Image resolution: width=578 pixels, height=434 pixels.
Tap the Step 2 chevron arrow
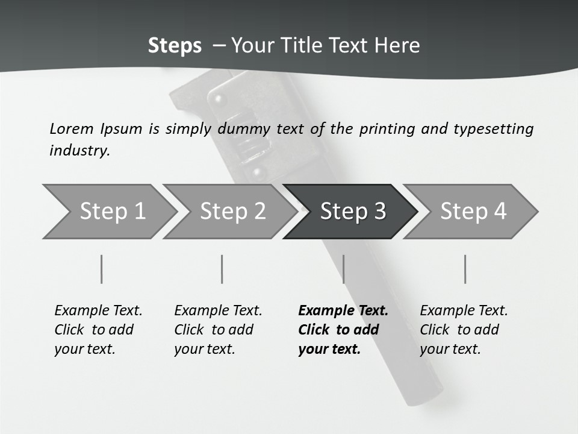(231, 212)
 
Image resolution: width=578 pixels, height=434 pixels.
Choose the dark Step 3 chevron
(351, 212)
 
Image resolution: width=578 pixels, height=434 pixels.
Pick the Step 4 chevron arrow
(471, 212)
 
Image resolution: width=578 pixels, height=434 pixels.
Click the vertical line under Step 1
(101, 269)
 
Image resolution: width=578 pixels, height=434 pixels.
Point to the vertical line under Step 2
(222, 269)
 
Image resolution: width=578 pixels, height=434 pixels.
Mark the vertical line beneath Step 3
(344, 269)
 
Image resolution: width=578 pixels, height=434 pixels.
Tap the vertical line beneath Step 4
(465, 269)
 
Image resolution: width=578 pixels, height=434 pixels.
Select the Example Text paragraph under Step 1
(98, 330)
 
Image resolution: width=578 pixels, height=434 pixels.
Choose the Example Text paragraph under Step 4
(464, 330)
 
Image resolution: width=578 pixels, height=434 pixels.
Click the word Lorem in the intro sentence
(72, 129)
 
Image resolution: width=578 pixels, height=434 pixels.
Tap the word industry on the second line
(80, 151)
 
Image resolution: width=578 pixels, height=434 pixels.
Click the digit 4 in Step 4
(500, 211)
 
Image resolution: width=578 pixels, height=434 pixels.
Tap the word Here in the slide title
(397, 45)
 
